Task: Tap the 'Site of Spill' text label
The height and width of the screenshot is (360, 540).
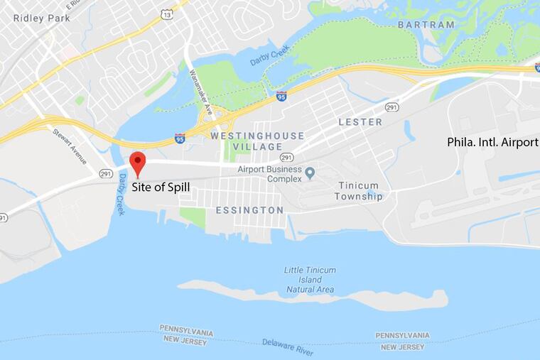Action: click(x=161, y=187)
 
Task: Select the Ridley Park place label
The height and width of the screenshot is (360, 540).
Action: click(x=41, y=18)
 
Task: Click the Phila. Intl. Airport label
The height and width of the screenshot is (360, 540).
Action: click(x=492, y=142)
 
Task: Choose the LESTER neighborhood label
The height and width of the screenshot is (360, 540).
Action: click(x=360, y=122)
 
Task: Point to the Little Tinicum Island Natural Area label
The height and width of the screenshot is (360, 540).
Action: click(x=310, y=280)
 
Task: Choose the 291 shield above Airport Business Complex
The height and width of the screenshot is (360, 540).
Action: click(x=286, y=157)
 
